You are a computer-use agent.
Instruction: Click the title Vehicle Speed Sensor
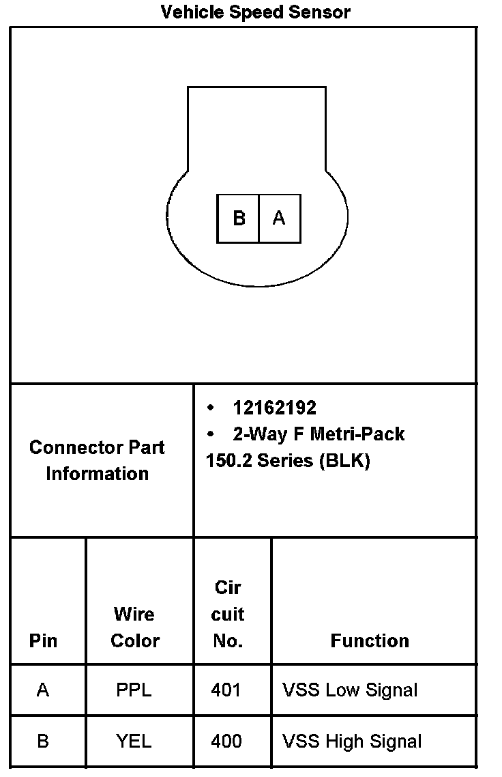255,12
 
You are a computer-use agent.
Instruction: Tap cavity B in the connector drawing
239,218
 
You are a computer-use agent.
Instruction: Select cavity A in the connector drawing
279,218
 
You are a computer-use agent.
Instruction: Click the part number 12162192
274,408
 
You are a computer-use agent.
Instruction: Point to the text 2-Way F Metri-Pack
319,434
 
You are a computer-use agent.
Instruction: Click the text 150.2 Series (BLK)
287,461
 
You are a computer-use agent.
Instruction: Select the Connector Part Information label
97,460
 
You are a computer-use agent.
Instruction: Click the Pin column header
43,641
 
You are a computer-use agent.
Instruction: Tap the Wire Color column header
134,627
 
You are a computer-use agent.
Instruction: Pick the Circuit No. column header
228,614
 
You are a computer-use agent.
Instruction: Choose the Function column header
370,641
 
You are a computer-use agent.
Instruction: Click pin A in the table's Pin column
43,690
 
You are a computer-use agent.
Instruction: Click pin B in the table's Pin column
43,741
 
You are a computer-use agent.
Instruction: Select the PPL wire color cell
134,690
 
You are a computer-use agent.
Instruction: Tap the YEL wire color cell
134,741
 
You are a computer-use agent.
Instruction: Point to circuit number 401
226,690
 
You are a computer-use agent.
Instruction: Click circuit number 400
226,741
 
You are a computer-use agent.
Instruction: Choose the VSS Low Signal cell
349,690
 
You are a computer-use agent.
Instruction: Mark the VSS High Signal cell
351,741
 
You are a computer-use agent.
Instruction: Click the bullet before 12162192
211,408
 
